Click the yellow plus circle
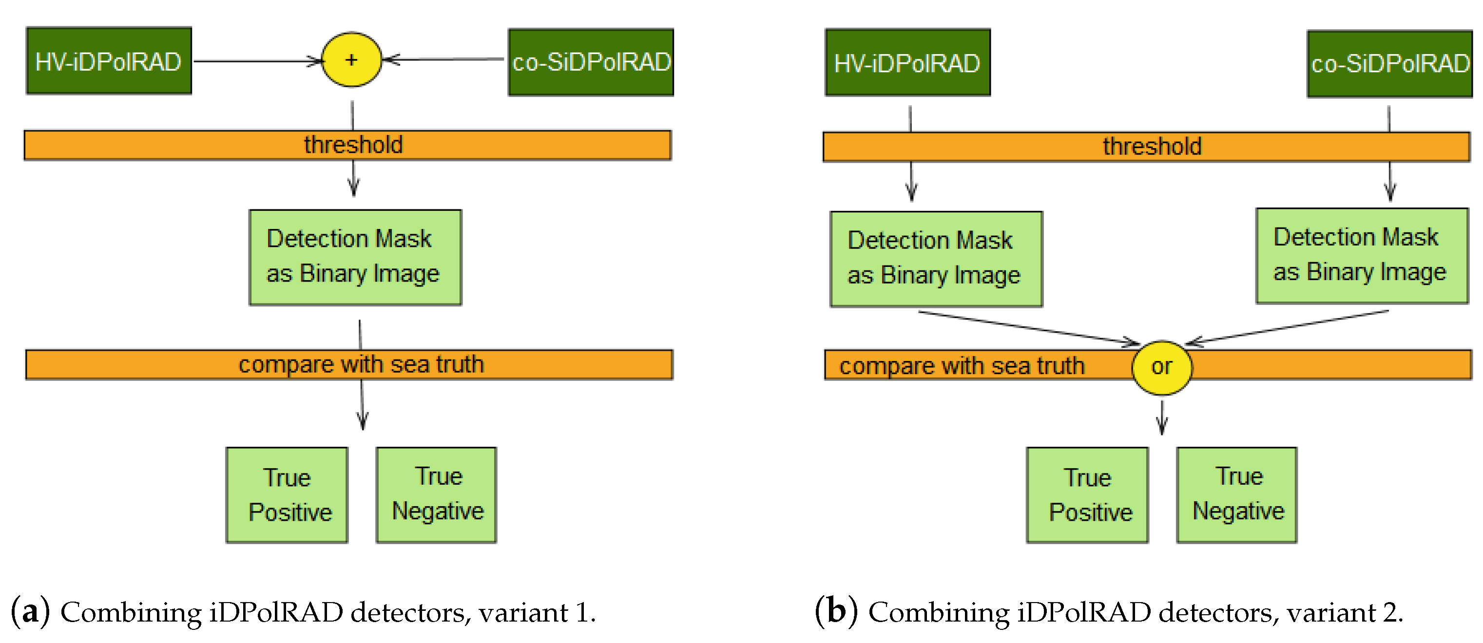point(351,60)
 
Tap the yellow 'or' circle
point(1161,367)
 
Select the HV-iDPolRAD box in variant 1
point(109,61)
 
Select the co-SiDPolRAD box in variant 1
point(591,62)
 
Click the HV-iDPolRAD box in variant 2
point(907,63)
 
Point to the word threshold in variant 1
point(353,145)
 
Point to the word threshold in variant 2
point(1152,147)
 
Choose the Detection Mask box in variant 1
point(355,257)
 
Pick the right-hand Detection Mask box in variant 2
point(1362,256)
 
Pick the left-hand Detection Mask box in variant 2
point(936,259)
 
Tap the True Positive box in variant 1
point(287,494)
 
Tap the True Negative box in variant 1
point(436,494)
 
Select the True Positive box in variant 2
point(1087,494)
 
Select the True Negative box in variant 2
point(1236,494)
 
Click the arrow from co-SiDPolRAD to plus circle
point(443,59)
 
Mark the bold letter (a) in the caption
point(30,611)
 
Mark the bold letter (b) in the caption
point(836,611)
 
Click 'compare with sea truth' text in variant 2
point(962,366)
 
